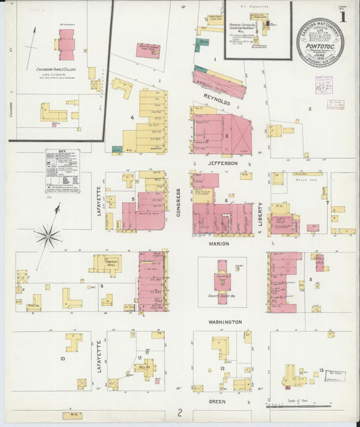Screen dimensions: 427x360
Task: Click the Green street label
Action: pyautogui.click(x=216, y=401)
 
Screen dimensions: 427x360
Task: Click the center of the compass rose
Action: pyautogui.click(x=48, y=236)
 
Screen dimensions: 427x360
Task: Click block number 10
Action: pyautogui.click(x=62, y=358)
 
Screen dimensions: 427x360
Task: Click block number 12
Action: pyautogui.click(x=222, y=368)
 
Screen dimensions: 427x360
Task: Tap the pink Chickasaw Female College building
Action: pyautogui.click(x=66, y=45)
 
